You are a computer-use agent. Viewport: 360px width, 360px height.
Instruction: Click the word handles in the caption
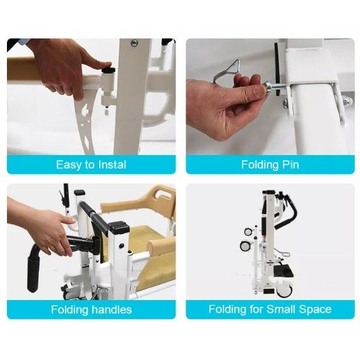coord(112,309)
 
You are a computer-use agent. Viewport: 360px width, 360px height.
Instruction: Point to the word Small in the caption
coord(280,309)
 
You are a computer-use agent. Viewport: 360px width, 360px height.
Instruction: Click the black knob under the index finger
coord(109,69)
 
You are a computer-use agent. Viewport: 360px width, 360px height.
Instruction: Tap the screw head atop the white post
coord(134,43)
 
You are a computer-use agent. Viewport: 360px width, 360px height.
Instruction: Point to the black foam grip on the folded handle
coord(33,273)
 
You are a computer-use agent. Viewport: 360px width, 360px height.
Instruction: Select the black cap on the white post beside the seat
coord(119,226)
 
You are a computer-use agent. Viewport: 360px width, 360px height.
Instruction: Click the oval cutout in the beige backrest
coord(163,196)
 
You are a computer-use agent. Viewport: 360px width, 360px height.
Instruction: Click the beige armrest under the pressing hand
coord(25,69)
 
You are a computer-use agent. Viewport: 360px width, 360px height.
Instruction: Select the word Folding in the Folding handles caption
coord(70,309)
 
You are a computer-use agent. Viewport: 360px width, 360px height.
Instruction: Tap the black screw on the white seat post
coord(121,246)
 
